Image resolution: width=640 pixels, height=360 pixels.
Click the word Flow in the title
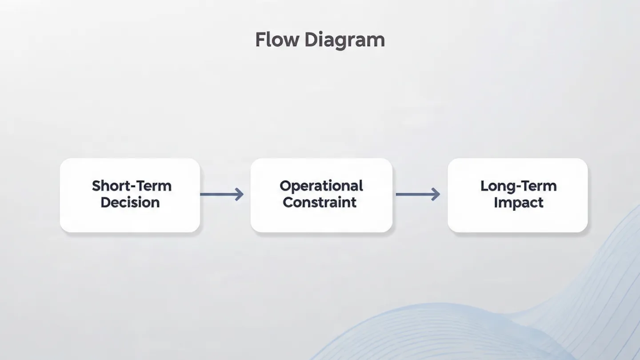tap(277, 40)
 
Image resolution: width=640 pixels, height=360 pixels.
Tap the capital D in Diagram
tap(310, 40)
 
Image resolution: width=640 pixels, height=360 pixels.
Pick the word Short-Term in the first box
tap(132, 186)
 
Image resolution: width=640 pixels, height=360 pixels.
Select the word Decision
tap(130, 203)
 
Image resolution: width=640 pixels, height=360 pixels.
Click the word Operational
tap(321, 186)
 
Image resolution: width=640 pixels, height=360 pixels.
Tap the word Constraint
tap(320, 203)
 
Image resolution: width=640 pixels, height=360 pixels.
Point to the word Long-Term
tap(518, 186)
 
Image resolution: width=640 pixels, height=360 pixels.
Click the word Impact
tap(518, 203)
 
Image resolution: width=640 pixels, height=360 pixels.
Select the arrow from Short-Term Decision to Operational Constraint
tap(221, 194)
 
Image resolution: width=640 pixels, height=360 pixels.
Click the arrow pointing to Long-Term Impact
tap(417, 194)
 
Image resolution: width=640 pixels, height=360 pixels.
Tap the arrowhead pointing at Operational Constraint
tap(240, 194)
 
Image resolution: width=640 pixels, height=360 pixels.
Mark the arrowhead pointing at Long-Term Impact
tap(436, 194)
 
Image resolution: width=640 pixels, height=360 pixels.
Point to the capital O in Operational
tap(285, 186)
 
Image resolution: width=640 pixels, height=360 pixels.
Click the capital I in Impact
tap(496, 202)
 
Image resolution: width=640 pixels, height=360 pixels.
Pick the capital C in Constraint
tap(288, 203)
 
